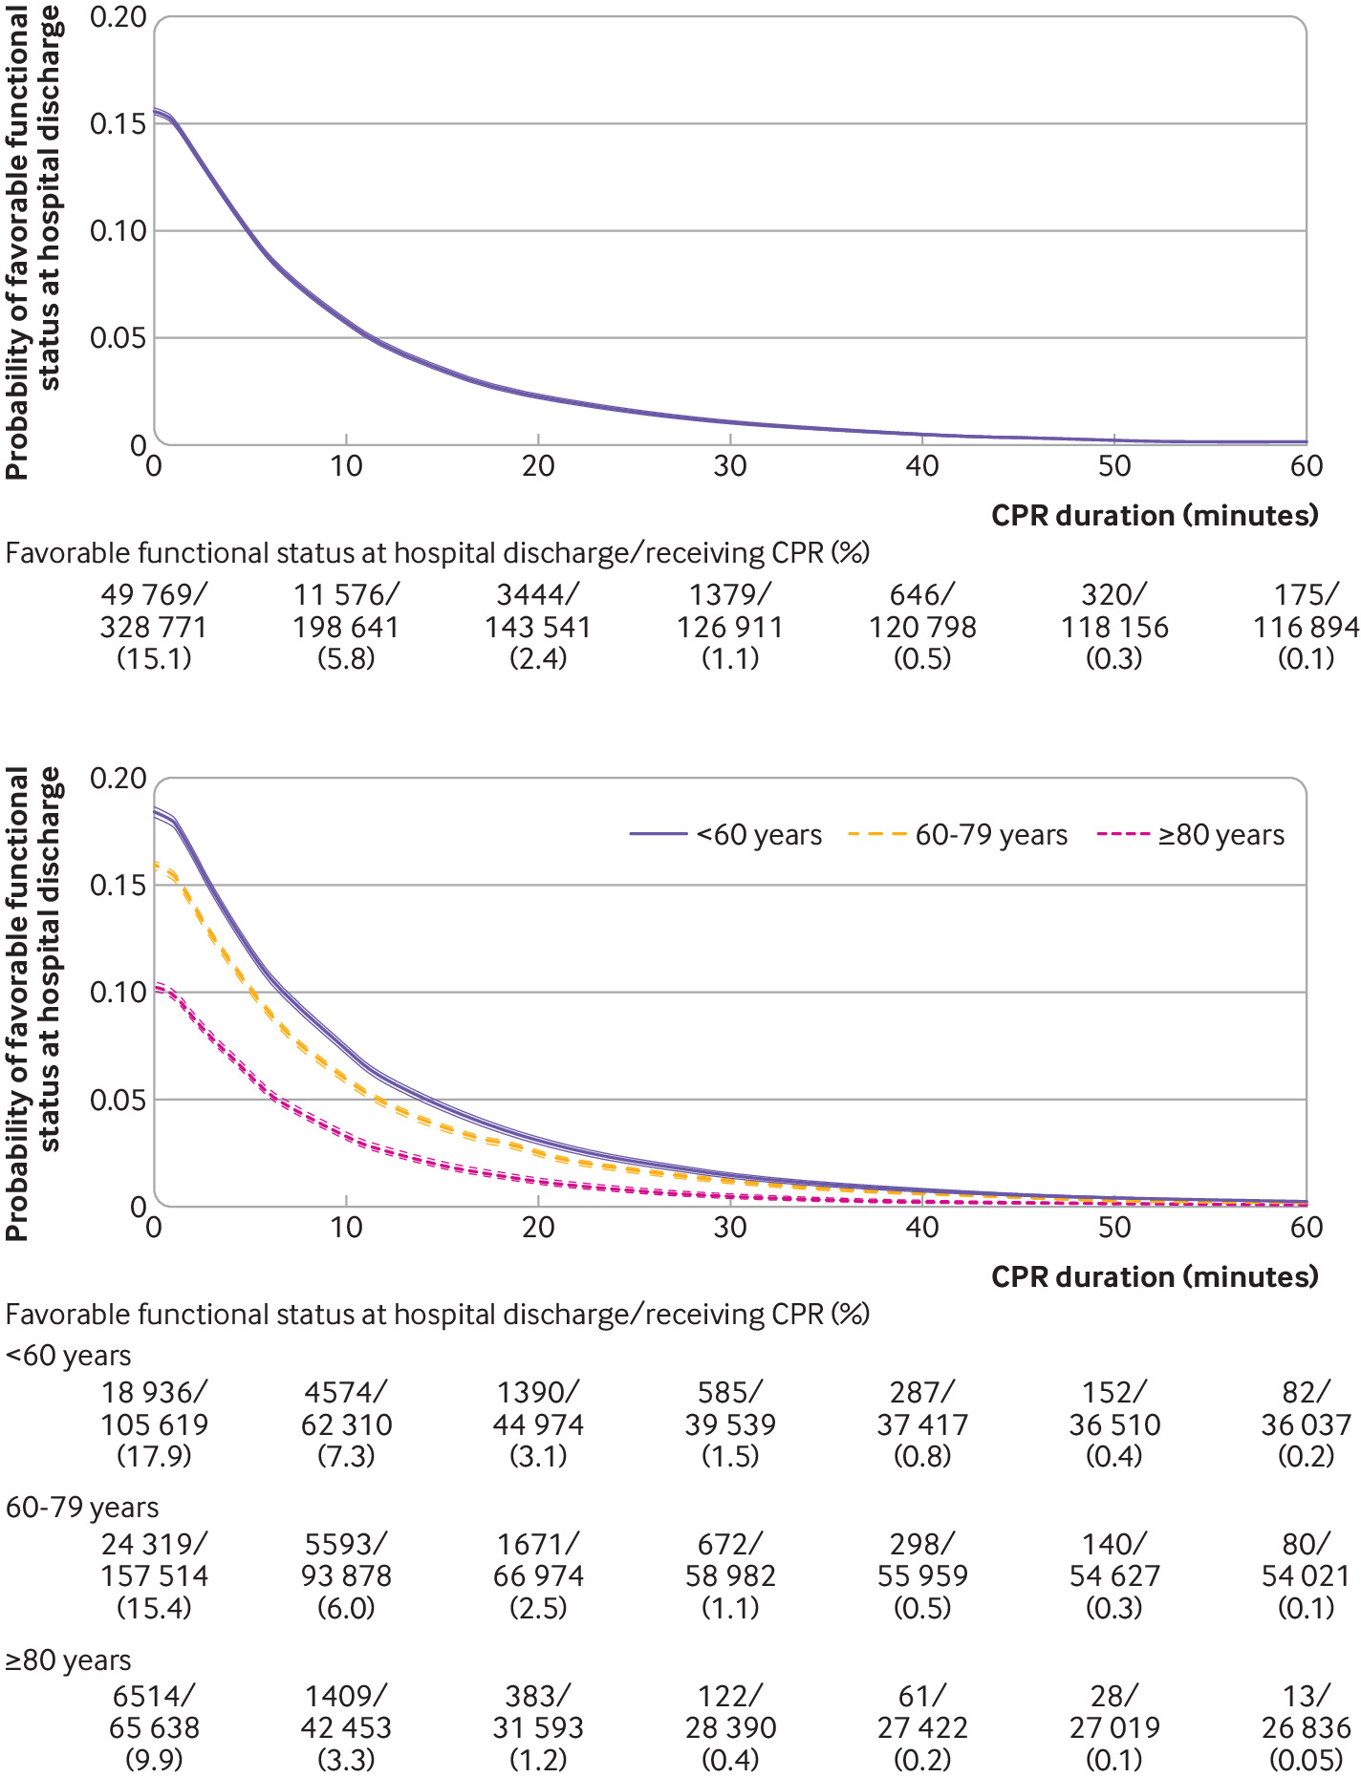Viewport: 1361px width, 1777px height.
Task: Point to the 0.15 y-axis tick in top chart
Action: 117,124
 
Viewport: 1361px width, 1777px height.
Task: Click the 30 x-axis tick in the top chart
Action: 730,466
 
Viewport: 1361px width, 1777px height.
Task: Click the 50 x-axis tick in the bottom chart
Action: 1114,1228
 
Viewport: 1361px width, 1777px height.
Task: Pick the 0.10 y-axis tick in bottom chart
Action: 117,993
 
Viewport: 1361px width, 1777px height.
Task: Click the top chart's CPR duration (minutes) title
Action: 1155,516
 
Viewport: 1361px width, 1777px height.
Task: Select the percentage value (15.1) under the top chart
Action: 154,658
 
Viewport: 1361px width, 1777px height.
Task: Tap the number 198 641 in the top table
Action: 346,628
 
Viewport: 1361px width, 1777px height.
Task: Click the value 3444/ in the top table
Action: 538,595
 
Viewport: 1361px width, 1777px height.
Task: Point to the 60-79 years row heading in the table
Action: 82,1508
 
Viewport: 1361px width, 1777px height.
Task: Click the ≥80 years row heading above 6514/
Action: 69,1660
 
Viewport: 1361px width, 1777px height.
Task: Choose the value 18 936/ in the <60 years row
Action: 154,1393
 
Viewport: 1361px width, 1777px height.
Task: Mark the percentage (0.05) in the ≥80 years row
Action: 1306,1759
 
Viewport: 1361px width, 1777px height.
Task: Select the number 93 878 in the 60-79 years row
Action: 346,1575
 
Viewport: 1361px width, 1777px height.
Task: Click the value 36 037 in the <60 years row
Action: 1306,1424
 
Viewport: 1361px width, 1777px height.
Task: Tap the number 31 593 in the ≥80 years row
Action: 538,1727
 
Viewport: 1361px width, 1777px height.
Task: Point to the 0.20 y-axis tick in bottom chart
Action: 117,779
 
